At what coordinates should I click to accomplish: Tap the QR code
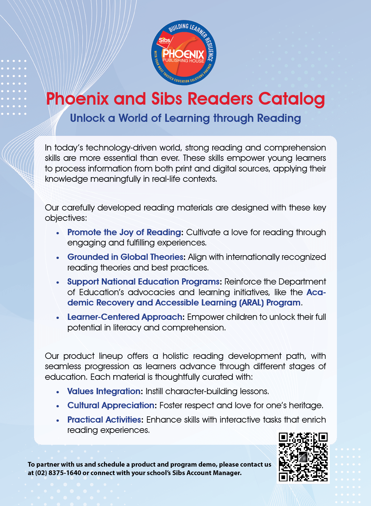pyautogui.click(x=303, y=457)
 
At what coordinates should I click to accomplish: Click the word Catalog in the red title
pyautogui.click(x=291, y=99)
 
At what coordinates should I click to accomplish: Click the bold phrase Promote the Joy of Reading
pyautogui.click(x=124, y=232)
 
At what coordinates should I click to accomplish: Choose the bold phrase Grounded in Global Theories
pyautogui.click(x=125, y=257)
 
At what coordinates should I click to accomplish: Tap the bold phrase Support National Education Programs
pyautogui.click(x=143, y=282)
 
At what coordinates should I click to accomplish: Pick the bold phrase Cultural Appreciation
pyautogui.click(x=111, y=405)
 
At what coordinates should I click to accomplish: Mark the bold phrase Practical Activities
pyautogui.click(x=104, y=420)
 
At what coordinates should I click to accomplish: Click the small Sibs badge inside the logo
pyautogui.click(x=164, y=41)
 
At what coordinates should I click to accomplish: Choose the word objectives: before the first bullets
pyautogui.click(x=66, y=218)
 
